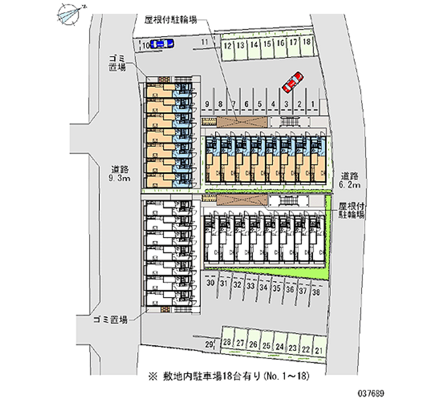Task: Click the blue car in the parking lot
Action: (x=162, y=44)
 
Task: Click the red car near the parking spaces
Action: (x=292, y=81)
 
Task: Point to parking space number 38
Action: (x=316, y=293)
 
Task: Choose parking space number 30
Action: (x=210, y=283)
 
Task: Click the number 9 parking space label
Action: (x=207, y=104)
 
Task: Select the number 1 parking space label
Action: (x=313, y=104)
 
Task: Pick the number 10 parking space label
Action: (x=146, y=47)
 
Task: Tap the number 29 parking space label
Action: (x=209, y=345)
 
